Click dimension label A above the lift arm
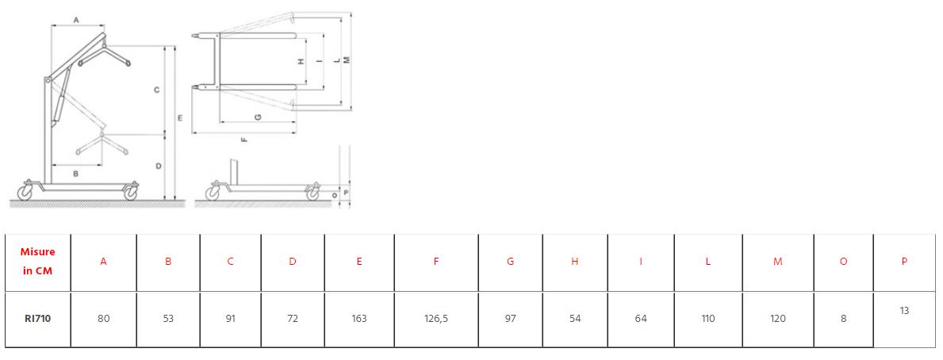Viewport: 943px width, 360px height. (76, 20)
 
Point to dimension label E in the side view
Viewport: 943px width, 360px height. (180, 118)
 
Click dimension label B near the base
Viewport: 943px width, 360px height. (76, 174)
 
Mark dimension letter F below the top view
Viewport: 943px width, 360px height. (243, 140)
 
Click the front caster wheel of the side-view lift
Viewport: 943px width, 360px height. (131, 192)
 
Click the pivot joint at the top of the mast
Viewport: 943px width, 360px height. (46, 80)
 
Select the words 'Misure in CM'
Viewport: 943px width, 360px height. (38, 262)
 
